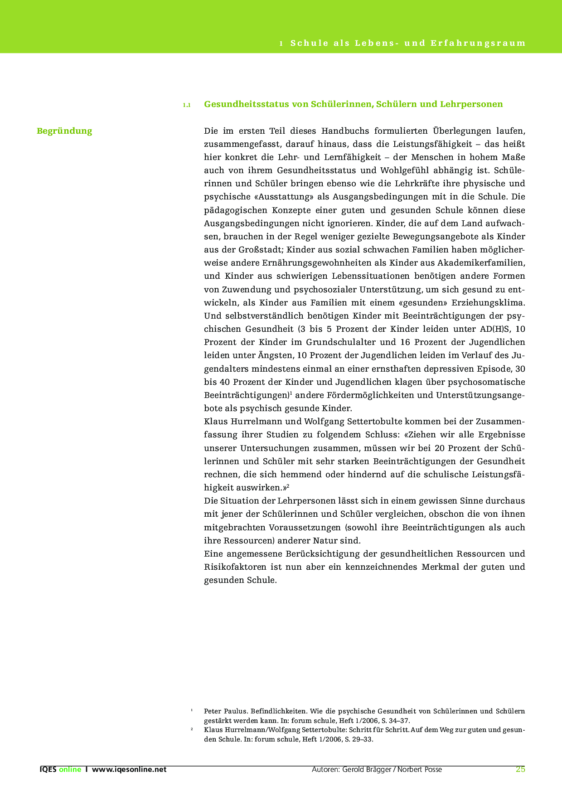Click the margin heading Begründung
click(x=64, y=131)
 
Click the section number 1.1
click(x=187, y=105)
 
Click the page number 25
click(x=520, y=769)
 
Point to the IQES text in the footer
click(x=48, y=769)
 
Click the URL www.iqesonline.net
click(x=129, y=769)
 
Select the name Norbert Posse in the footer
click(x=420, y=769)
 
